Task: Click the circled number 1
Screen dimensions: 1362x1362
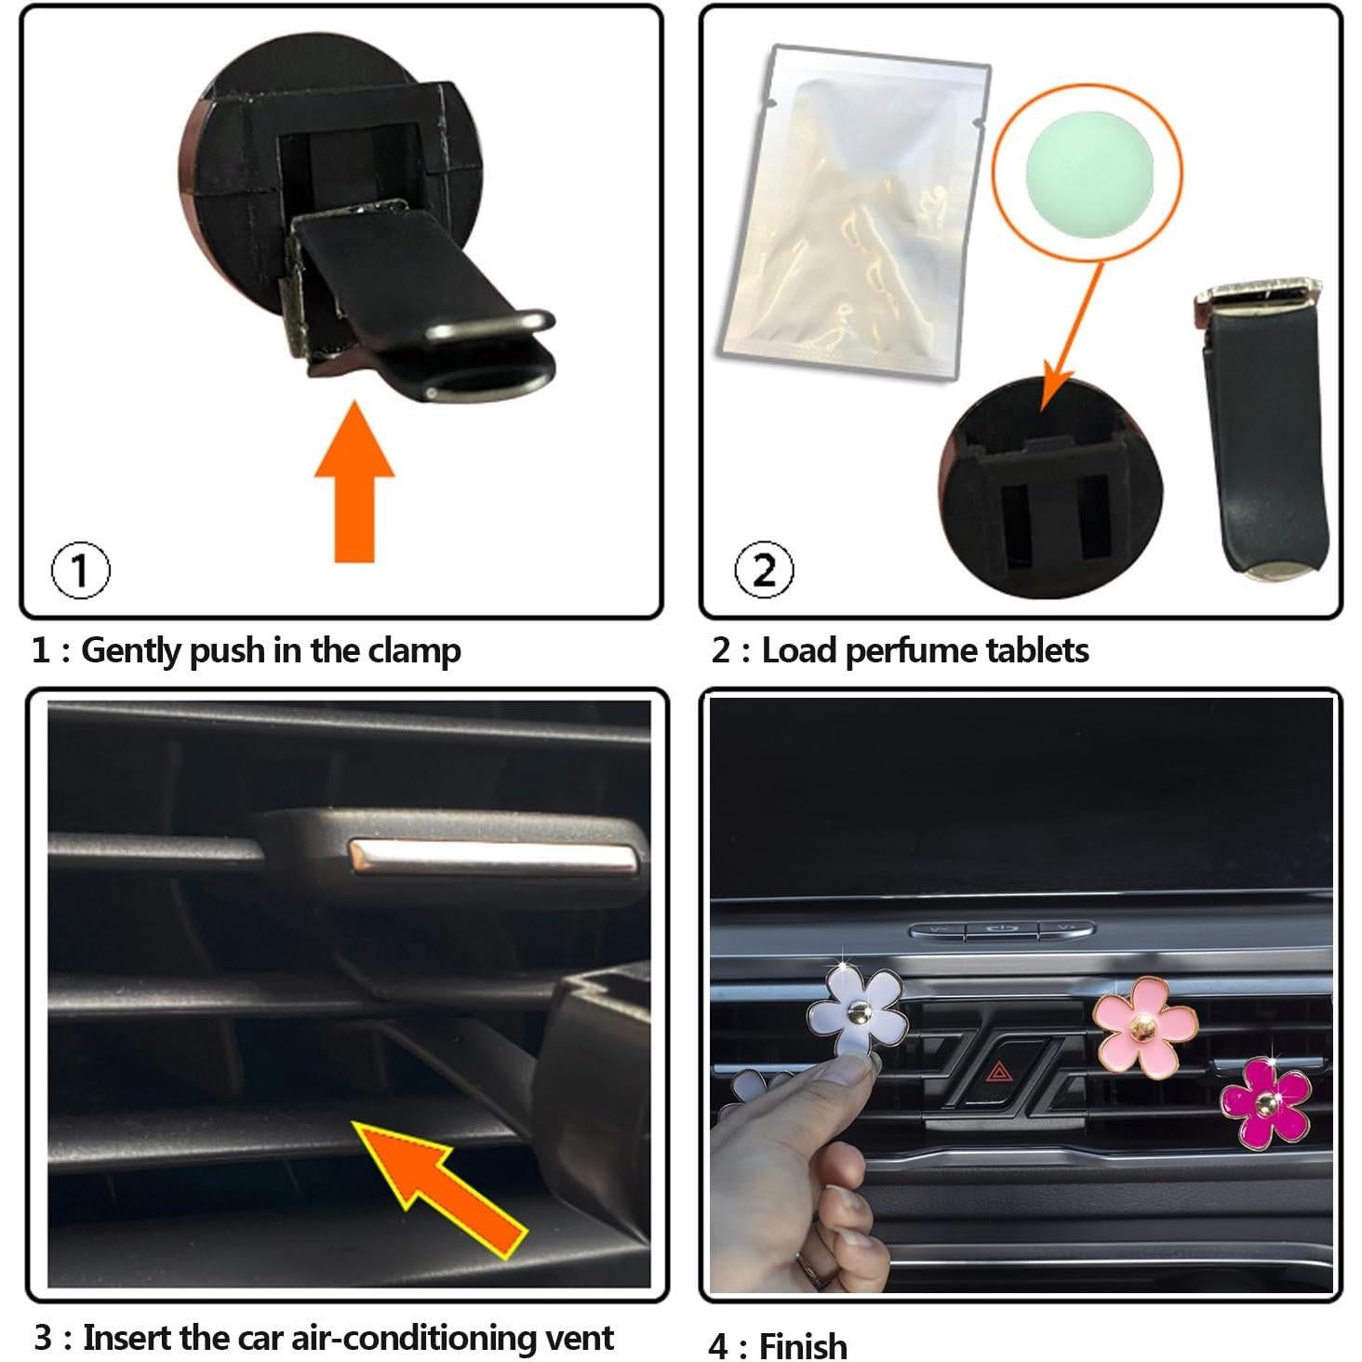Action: [80, 570]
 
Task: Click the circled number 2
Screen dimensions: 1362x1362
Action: [764, 570]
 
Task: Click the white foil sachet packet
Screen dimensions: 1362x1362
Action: [851, 209]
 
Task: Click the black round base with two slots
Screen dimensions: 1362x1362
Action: [1049, 488]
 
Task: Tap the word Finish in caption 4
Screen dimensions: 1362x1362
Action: [803, 1346]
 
